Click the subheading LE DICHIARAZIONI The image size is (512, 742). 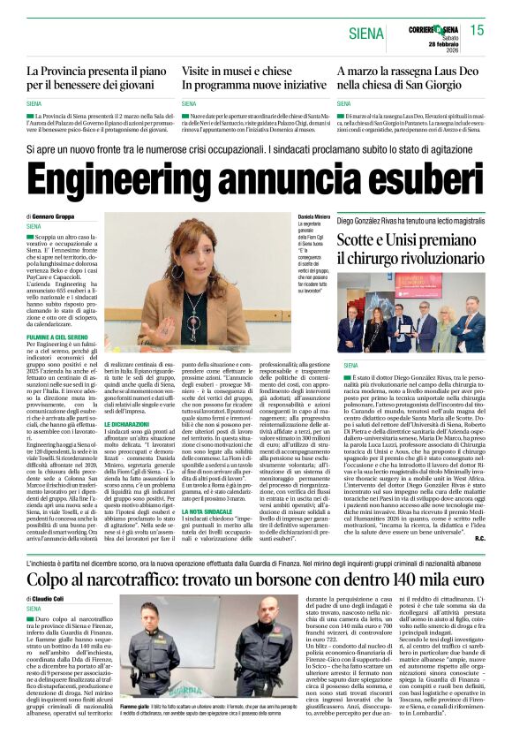point(129,400)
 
